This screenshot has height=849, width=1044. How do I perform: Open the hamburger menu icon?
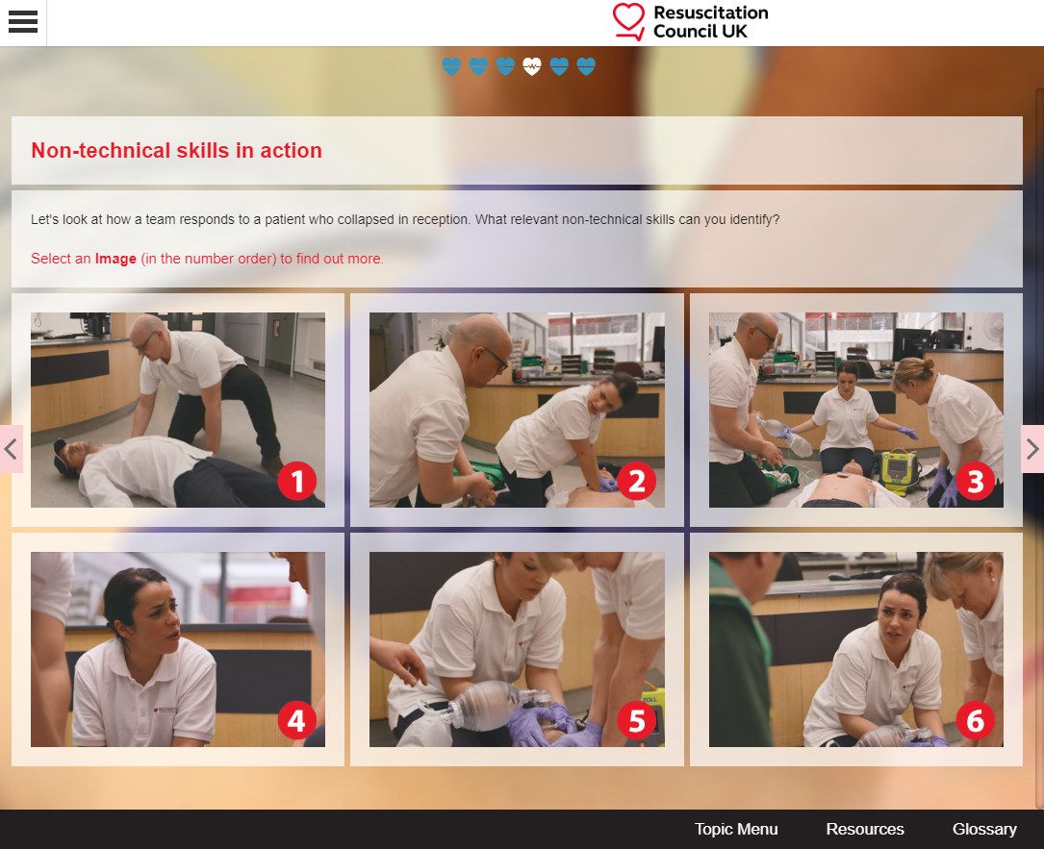pyautogui.click(x=23, y=22)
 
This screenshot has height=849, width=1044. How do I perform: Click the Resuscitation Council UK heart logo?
pyautogui.click(x=628, y=21)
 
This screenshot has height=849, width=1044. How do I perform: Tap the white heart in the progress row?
pyautogui.click(x=532, y=66)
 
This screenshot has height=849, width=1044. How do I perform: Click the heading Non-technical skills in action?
pyautogui.click(x=176, y=150)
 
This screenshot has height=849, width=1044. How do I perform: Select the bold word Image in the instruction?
pyautogui.click(x=115, y=259)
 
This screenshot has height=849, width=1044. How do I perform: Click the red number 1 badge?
pyautogui.click(x=297, y=481)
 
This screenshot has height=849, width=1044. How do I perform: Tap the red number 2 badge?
pyautogui.click(x=637, y=481)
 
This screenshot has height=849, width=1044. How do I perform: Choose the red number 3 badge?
pyautogui.click(x=976, y=481)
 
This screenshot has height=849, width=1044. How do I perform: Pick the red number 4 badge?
pyautogui.click(x=297, y=720)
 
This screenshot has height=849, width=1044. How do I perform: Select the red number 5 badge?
pyautogui.click(x=637, y=720)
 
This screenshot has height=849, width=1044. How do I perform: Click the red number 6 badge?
pyautogui.click(x=976, y=720)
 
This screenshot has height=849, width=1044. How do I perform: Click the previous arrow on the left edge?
pyautogui.click(x=11, y=449)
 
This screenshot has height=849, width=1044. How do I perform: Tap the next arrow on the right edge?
pyautogui.click(x=1032, y=449)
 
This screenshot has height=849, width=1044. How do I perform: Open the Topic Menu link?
pyautogui.click(x=736, y=829)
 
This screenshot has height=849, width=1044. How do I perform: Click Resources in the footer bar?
pyautogui.click(x=865, y=829)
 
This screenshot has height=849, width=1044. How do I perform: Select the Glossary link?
pyautogui.click(x=984, y=829)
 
